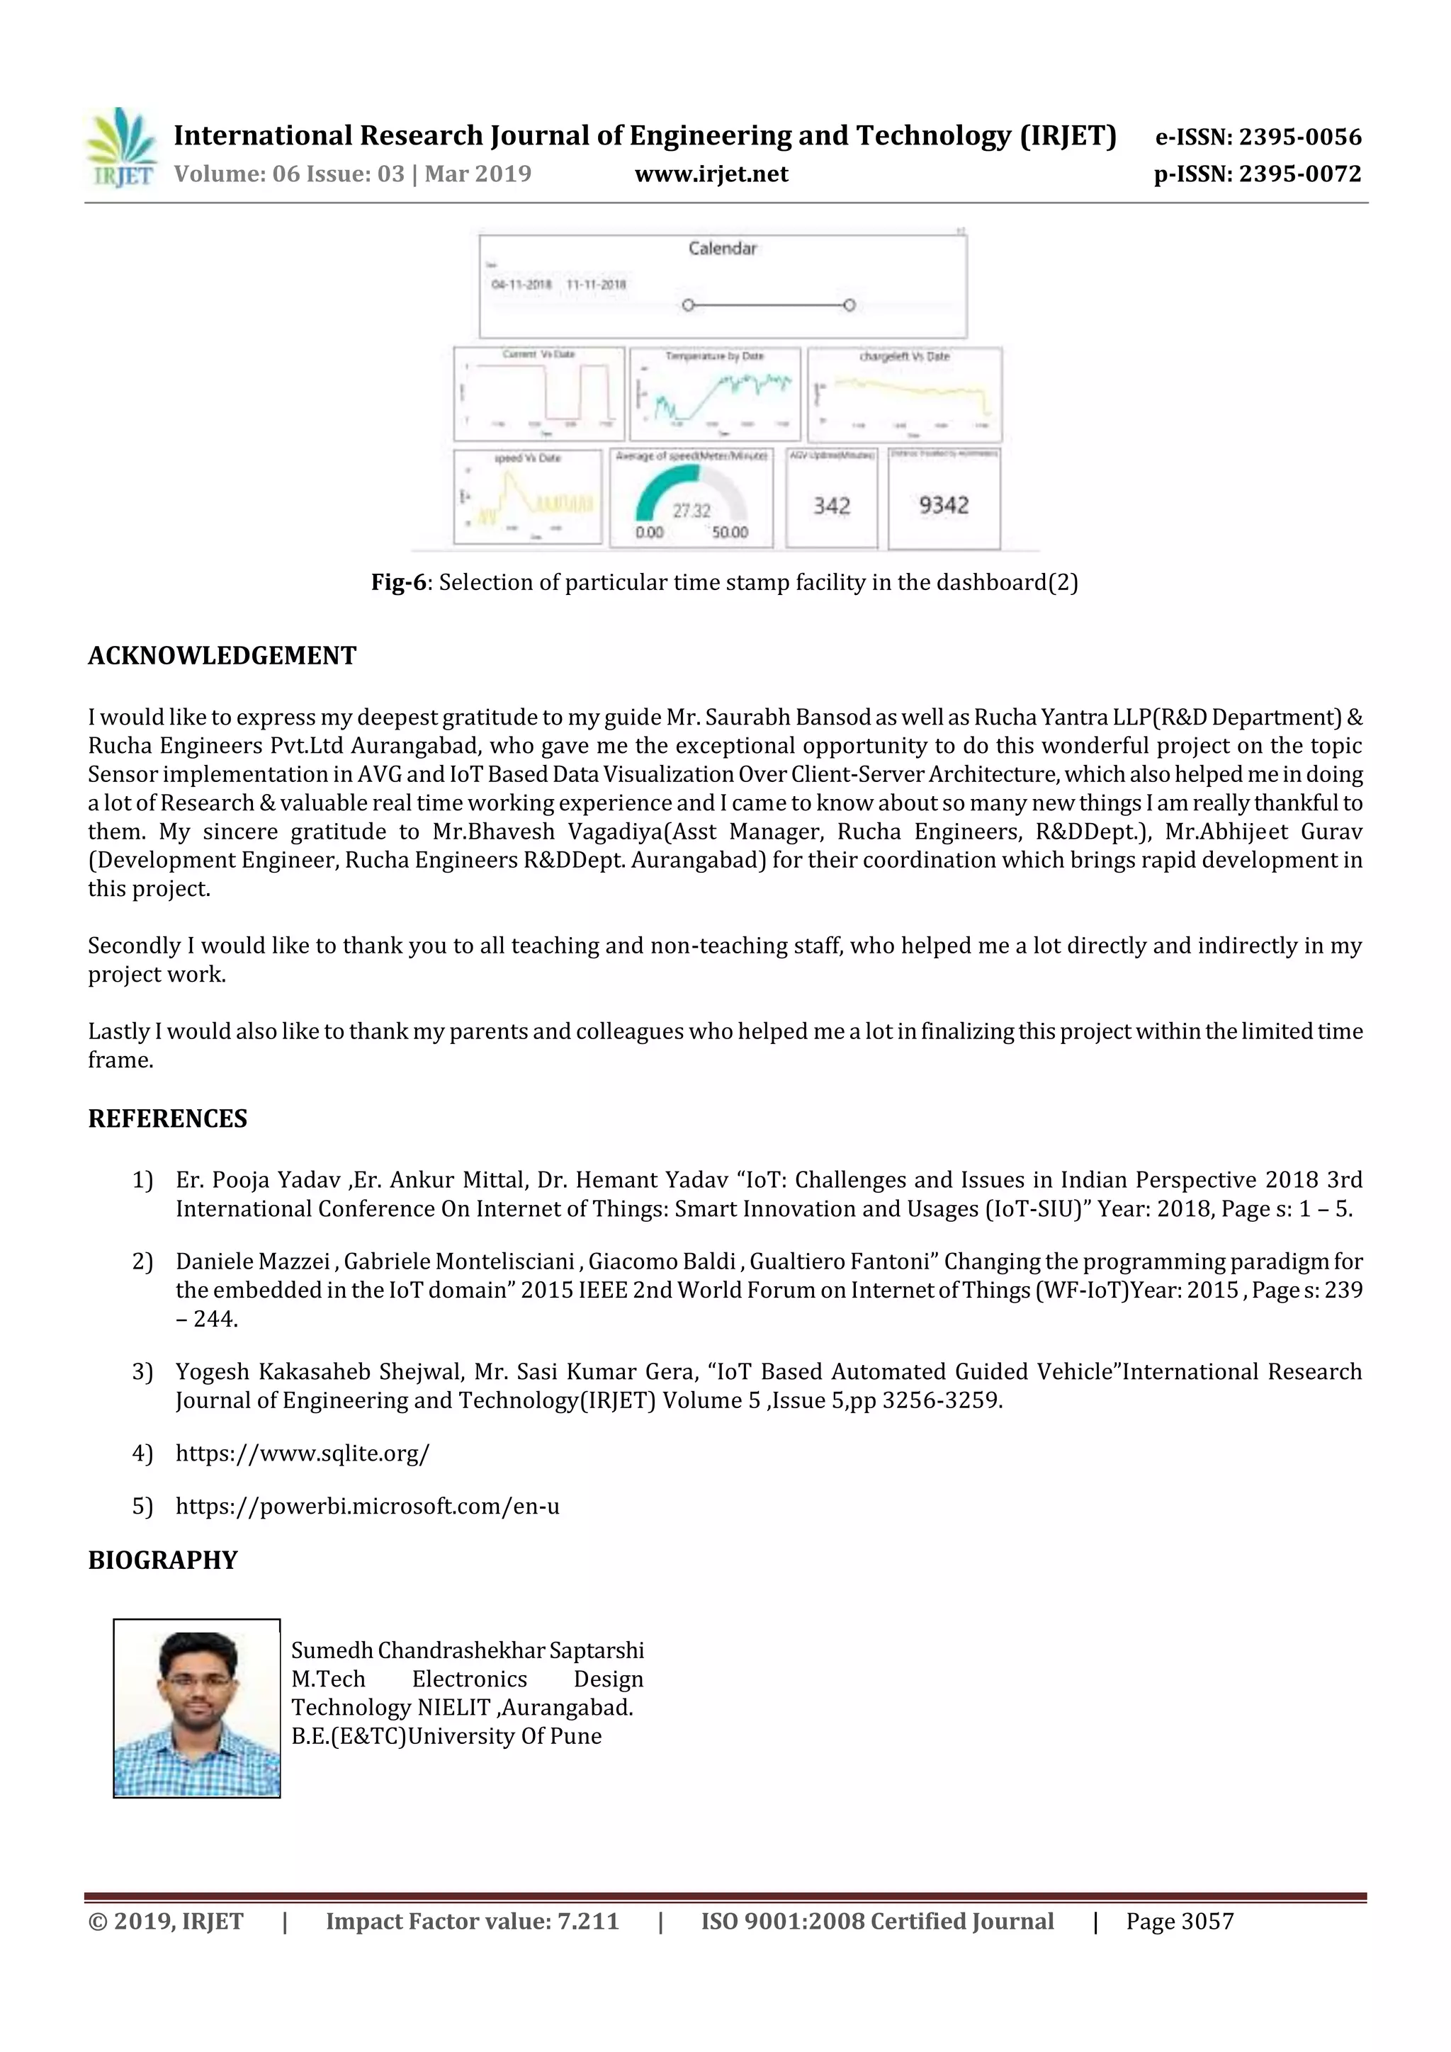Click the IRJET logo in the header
click(122, 147)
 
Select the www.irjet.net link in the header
click(711, 174)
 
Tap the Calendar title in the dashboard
click(721, 249)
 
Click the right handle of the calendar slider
click(849, 305)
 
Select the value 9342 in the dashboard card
click(943, 505)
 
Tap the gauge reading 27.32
click(691, 510)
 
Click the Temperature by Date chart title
click(713, 356)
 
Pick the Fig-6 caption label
click(399, 583)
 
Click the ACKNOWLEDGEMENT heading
click(222, 656)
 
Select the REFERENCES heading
click(167, 1119)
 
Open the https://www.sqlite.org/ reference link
click(303, 1453)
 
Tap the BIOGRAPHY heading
click(163, 1560)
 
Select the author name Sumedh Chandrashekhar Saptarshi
click(467, 1650)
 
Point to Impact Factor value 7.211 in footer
click(472, 1922)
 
